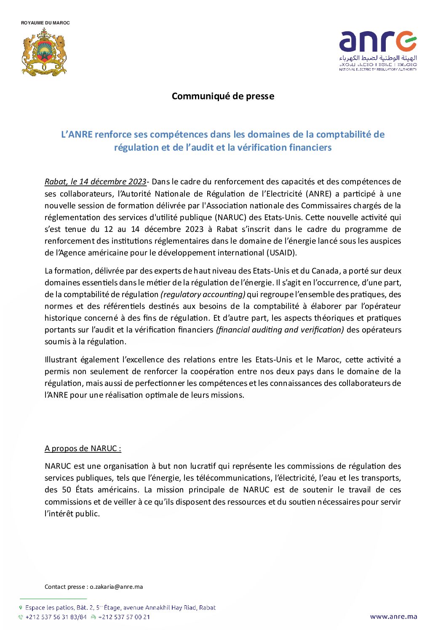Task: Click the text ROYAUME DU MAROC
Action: [45, 23]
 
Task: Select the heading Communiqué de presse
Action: [223, 96]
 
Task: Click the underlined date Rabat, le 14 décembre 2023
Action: [95, 182]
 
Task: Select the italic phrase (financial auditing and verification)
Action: [280, 330]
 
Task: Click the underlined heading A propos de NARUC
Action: [83, 449]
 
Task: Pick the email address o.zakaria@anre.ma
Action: [116, 587]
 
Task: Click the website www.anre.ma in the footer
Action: [393, 617]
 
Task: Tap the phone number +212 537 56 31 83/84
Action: [56, 617]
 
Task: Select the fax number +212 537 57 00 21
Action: [124, 617]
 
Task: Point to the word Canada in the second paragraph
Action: [325, 271]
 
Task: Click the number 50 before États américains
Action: [67, 490]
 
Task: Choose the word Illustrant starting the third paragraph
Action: [61, 360]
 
